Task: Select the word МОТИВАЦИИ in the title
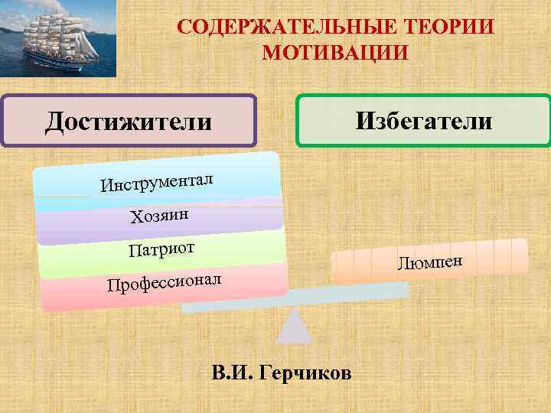335,54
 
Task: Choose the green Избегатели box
423,120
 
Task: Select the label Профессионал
165,283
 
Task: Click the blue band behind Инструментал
245,176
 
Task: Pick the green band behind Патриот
245,249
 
